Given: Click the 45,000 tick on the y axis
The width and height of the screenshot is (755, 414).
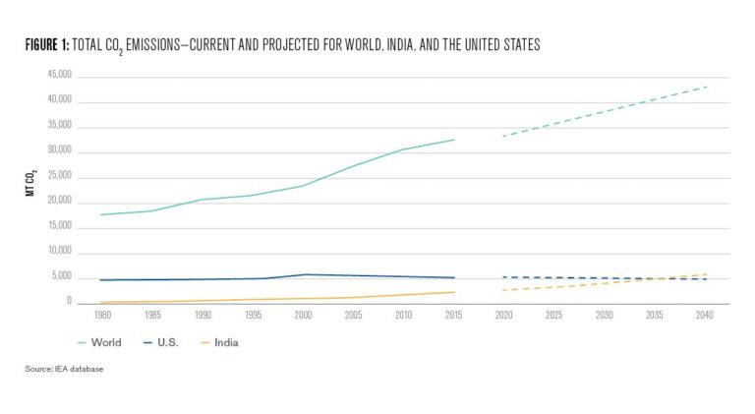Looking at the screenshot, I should coord(59,76).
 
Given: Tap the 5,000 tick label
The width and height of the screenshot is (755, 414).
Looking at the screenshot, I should coord(62,277).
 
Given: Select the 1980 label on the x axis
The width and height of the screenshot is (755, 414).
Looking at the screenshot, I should coord(101,315).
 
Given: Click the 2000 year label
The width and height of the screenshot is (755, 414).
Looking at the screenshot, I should coord(304,315).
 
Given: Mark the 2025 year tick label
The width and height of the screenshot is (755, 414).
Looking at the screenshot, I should coord(554,315).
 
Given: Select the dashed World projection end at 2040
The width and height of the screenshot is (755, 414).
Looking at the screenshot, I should coord(707,87).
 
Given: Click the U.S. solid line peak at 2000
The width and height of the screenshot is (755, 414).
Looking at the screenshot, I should coord(306,274).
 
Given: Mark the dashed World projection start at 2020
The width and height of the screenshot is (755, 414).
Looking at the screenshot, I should coord(504,136).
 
